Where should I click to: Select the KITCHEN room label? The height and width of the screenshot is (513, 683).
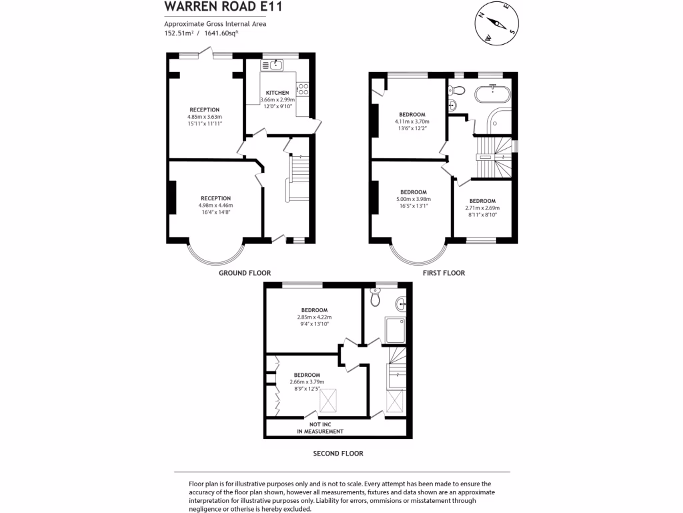(x=277, y=92)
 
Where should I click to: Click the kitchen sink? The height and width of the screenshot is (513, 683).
(x=274, y=65)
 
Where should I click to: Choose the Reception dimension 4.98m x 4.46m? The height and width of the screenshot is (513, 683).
(x=216, y=205)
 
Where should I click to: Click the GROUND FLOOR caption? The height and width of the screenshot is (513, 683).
(x=245, y=273)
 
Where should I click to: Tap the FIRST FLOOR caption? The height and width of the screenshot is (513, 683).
(x=444, y=273)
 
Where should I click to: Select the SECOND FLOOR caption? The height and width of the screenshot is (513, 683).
(x=338, y=454)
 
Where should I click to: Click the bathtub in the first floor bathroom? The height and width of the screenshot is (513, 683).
(x=493, y=94)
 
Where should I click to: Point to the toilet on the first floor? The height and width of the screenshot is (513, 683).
(x=457, y=92)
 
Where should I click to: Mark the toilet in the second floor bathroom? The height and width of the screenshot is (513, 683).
(x=375, y=300)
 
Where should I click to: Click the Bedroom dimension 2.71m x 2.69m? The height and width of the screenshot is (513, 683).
(x=482, y=208)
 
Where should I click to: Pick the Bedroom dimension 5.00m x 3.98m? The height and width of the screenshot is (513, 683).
(x=413, y=199)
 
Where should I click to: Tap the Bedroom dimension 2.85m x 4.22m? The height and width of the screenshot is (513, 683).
(x=314, y=317)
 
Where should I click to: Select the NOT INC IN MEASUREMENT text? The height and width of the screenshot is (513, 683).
(x=320, y=428)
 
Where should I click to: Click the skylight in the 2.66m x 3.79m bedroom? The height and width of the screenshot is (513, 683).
(x=329, y=401)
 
